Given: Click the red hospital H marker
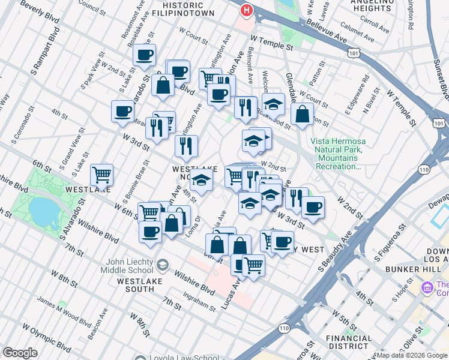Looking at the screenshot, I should pos(246,10).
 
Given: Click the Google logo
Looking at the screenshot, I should pos(20,353).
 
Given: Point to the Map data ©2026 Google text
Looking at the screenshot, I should pos(412,355).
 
